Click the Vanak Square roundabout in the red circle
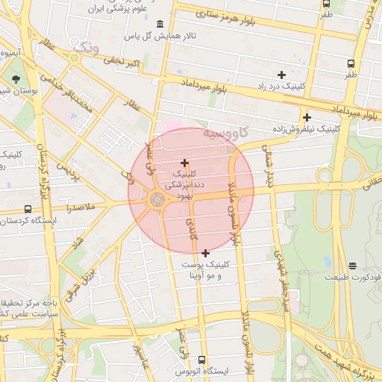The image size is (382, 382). coord(157,199)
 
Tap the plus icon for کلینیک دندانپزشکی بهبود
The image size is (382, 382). coord(184,163)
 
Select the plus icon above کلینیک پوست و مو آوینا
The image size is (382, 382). coord(206,253)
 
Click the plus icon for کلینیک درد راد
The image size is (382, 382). coord(281,75)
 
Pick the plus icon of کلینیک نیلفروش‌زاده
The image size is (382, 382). coord(307,117)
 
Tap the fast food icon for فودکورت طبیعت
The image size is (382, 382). coord(352,265)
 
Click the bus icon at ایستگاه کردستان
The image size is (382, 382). coord(28,210)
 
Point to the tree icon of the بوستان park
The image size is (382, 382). coord(16,78)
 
